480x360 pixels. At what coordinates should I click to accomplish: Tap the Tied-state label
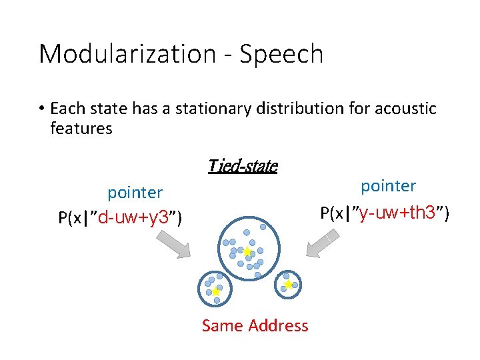(x=242, y=165)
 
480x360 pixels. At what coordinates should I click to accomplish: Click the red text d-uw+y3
(x=137, y=218)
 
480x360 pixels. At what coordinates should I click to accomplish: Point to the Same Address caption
(x=255, y=325)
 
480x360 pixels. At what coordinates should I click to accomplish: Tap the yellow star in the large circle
(x=247, y=252)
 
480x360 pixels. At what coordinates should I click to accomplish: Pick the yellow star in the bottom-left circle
(x=215, y=291)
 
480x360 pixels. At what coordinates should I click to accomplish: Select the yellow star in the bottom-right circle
(x=288, y=285)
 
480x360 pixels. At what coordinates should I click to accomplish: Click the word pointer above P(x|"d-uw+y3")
(x=135, y=193)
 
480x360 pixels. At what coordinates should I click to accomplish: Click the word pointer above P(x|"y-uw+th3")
(x=388, y=186)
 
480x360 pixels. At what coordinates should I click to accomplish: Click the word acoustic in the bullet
(x=407, y=108)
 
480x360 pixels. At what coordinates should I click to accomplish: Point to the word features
(x=81, y=128)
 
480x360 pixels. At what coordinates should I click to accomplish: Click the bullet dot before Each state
(x=41, y=109)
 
